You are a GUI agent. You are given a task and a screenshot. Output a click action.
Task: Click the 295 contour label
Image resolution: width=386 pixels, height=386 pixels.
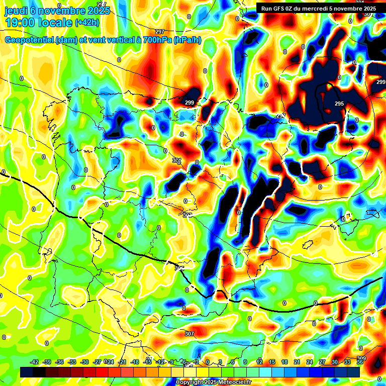(339, 104)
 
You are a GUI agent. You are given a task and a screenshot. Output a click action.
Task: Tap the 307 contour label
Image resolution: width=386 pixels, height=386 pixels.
(189, 334)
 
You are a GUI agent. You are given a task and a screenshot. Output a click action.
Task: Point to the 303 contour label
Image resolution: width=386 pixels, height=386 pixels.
(187, 215)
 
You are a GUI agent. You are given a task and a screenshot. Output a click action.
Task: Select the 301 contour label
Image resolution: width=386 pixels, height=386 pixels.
(176, 160)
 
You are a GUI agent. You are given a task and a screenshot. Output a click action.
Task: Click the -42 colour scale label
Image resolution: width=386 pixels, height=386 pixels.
(35, 362)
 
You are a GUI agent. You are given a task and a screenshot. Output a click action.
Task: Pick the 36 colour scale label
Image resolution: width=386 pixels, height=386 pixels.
(360, 362)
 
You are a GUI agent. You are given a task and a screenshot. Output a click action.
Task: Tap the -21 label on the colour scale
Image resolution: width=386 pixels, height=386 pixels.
(122, 362)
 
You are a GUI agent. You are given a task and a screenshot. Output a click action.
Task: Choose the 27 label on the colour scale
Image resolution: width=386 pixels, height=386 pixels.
(322, 362)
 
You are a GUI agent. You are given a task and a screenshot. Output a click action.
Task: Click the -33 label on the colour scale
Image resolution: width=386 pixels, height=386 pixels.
(72, 362)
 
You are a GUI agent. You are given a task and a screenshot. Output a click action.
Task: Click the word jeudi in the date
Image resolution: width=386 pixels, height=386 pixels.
(17, 11)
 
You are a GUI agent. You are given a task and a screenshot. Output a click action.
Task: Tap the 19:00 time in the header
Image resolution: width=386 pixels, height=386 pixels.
(20, 23)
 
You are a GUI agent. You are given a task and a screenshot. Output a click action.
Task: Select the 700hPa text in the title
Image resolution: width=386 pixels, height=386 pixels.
(156, 40)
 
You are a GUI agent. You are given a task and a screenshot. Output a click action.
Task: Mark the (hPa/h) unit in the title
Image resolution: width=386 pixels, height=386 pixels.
(187, 40)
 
